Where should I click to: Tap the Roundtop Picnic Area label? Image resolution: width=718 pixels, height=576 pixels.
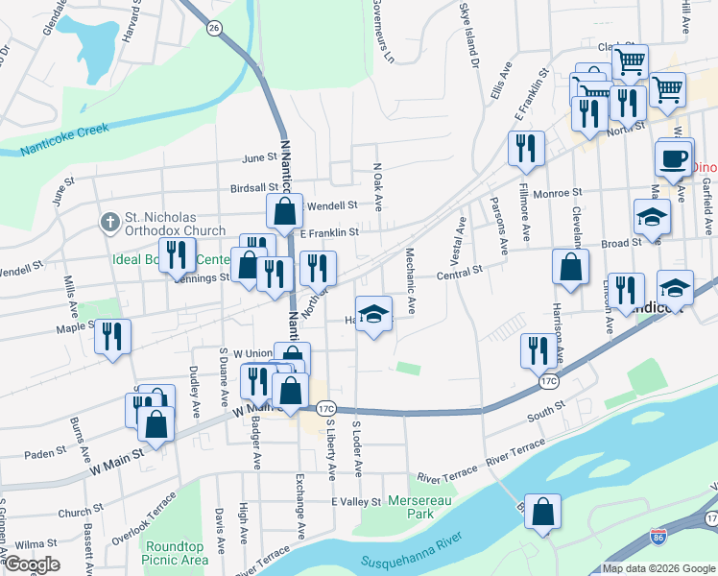click(175, 552)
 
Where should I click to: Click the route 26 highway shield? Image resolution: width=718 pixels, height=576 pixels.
click(214, 29)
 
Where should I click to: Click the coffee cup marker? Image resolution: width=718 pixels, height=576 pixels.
click(673, 158)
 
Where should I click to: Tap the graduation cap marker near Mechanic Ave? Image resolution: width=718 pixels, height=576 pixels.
click(373, 314)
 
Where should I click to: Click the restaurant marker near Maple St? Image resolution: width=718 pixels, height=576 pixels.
click(112, 336)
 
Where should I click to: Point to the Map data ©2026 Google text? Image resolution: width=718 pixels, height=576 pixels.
click(658, 568)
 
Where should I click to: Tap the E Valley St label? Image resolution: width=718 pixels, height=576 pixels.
click(356, 502)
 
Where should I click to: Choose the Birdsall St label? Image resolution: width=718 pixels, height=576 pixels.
click(253, 188)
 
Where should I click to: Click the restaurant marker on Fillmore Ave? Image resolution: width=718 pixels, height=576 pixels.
click(526, 148)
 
